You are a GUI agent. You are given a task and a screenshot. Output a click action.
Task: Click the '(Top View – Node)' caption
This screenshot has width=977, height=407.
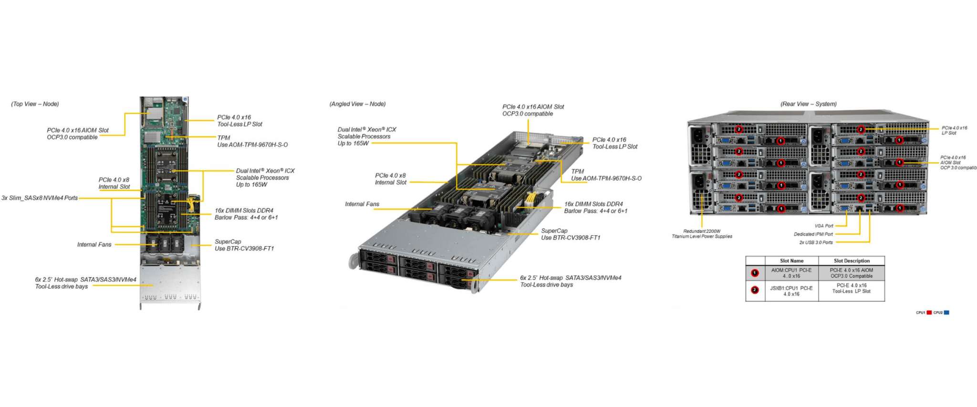click(x=35, y=104)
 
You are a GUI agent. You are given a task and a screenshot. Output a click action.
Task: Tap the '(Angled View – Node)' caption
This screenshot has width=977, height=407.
click(x=357, y=104)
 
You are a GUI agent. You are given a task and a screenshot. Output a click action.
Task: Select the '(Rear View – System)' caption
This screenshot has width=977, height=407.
click(x=808, y=104)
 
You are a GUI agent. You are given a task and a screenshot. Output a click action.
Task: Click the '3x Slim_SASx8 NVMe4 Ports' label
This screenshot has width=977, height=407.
click(x=40, y=198)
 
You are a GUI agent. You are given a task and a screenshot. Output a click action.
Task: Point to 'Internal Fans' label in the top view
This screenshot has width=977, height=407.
click(x=94, y=245)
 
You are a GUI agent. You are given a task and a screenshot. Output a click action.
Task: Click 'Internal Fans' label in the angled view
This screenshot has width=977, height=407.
click(x=362, y=204)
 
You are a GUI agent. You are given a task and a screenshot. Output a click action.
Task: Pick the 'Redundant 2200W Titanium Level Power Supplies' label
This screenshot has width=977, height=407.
click(x=702, y=234)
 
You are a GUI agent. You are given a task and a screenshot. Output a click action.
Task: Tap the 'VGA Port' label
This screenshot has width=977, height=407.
click(x=824, y=226)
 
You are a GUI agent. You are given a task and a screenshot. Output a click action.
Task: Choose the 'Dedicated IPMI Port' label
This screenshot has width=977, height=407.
click(x=813, y=234)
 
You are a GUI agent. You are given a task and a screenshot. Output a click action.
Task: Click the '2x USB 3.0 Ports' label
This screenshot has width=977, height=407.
click(x=816, y=242)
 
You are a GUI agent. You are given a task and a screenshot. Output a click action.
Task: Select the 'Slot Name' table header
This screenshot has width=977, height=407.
click(x=791, y=261)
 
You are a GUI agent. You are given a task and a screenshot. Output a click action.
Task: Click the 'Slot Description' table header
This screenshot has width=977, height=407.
click(x=852, y=261)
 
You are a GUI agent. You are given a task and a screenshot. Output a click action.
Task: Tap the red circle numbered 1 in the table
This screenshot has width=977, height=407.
click(x=755, y=273)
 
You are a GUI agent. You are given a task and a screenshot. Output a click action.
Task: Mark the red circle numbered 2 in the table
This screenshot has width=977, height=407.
click(x=755, y=290)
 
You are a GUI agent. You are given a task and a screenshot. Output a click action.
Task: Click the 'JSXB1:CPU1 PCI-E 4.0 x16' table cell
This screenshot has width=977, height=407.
click(x=791, y=291)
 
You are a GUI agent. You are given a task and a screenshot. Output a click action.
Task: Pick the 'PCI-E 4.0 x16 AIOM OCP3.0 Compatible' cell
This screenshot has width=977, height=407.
click(x=852, y=273)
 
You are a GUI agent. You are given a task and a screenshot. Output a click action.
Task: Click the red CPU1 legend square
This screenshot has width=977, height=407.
click(x=929, y=313)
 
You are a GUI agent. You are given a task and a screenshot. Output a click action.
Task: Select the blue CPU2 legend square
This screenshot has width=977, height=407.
click(x=946, y=313)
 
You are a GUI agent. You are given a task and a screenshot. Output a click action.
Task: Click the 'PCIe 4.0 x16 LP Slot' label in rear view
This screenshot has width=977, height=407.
click(x=954, y=130)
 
